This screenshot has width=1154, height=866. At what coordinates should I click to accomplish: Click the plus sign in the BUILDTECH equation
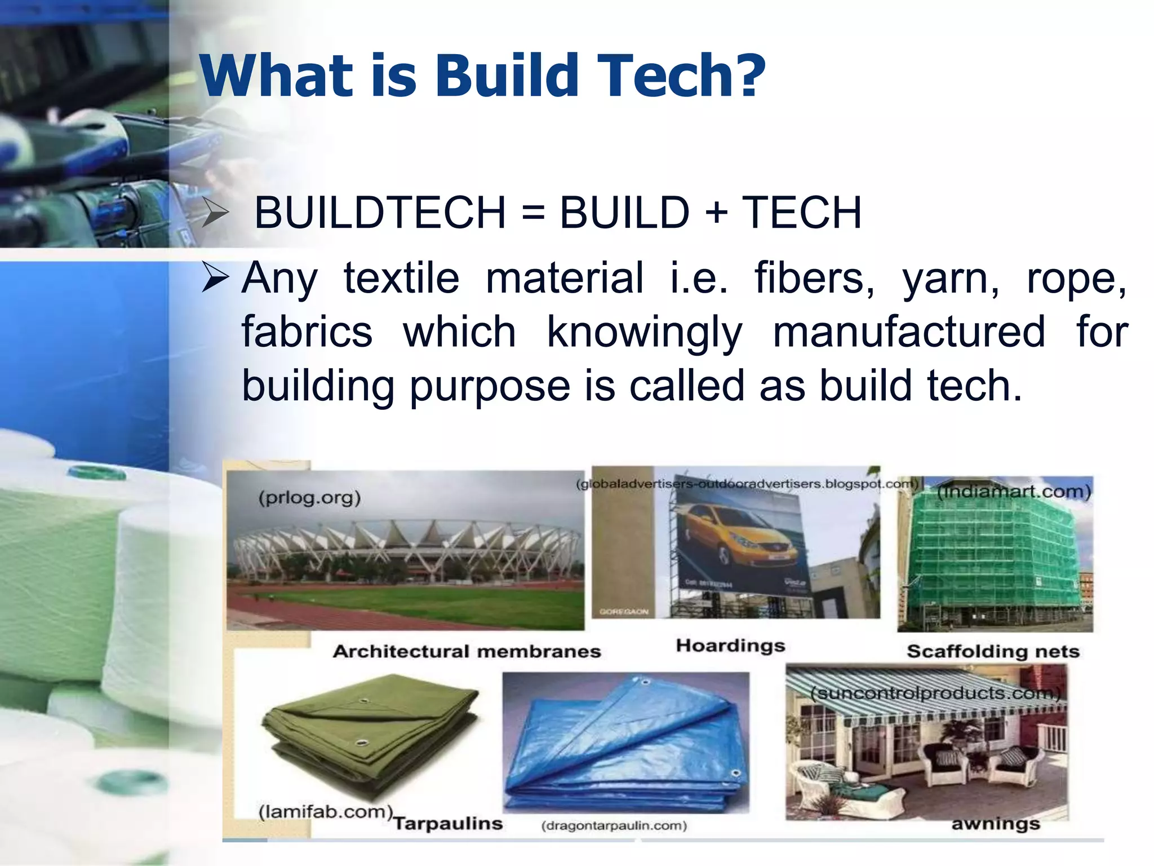716,213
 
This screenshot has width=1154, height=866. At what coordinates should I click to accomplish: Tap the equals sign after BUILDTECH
532,213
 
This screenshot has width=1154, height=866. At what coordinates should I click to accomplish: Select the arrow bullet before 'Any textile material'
215,277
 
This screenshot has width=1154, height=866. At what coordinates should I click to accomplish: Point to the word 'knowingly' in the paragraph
644,333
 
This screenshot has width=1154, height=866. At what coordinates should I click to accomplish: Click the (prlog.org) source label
309,497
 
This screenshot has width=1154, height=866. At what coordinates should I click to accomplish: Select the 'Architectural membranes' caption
467,651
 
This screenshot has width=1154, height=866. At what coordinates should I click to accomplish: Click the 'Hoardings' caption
730,645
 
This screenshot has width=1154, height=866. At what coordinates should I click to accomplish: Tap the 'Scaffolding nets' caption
993,651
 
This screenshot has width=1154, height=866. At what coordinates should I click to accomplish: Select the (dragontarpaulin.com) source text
614,826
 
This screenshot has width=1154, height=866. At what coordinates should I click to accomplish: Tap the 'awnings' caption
996,824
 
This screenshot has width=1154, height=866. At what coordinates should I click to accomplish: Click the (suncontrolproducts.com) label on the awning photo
935,693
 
